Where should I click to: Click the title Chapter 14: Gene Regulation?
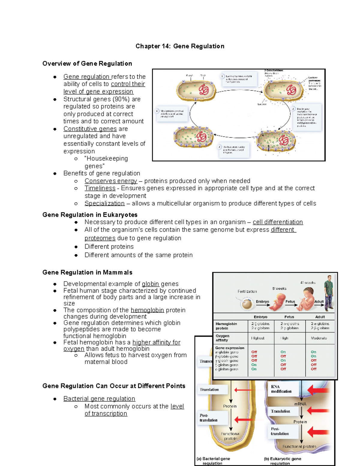[x=180, y=46]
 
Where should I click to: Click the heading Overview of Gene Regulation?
[x=87, y=64]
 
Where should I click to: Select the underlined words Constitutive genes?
[x=90, y=129]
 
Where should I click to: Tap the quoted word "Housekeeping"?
[x=106, y=158]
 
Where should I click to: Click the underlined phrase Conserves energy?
[x=111, y=181]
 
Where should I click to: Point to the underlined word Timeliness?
[x=100, y=188]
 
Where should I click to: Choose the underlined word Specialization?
[x=104, y=203]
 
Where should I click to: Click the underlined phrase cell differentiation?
[x=278, y=222]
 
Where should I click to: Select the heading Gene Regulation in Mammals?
[x=87, y=272]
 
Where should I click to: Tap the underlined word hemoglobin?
[x=147, y=310]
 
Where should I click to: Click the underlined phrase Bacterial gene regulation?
[x=99, y=398]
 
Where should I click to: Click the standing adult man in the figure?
[x=329, y=293]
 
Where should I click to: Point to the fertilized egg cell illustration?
[x=247, y=304]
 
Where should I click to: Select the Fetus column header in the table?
[x=289, y=317]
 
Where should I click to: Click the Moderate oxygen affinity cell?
[x=319, y=338]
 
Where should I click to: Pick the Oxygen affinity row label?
[x=223, y=338]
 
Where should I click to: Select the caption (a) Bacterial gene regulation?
[x=213, y=461]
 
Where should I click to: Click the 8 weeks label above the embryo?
[x=279, y=289]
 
